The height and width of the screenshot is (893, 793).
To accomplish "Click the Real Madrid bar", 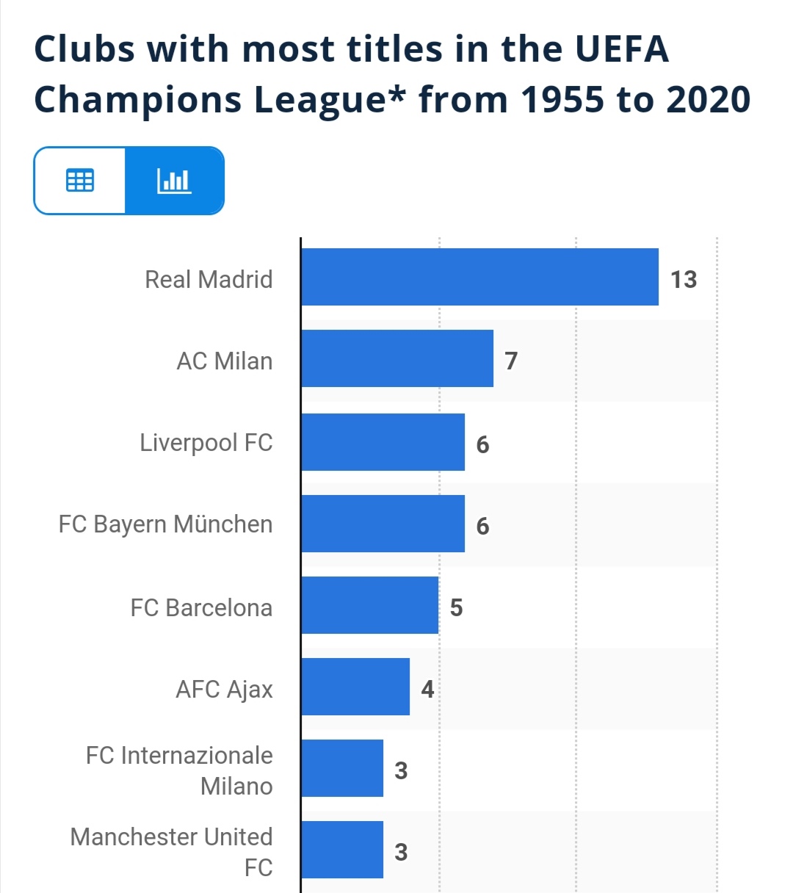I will click(479, 277).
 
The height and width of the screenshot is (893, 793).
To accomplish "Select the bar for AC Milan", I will click(397, 358).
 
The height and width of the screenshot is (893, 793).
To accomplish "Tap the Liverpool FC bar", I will click(383, 442).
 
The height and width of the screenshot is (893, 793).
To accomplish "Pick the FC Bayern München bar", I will click(383, 524).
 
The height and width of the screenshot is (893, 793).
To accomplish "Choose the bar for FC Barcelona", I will click(369, 605).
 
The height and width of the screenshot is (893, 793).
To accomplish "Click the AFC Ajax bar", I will click(355, 687).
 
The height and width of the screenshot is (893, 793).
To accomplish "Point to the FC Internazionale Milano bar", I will click(342, 768).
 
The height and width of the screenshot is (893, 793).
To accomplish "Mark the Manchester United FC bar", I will click(342, 850).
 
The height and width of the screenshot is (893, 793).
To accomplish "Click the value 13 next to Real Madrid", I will click(683, 280).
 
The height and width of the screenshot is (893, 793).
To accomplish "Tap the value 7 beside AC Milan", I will click(511, 361).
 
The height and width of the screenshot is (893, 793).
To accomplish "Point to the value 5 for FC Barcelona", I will click(456, 608).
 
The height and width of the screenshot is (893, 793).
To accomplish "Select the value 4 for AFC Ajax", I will click(427, 690).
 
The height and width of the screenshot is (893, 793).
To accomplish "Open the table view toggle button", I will click(80, 181).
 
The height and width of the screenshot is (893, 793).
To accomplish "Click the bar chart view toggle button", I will click(174, 181).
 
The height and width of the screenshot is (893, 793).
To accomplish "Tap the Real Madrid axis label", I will click(209, 280).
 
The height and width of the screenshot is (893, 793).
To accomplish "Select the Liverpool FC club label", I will click(206, 443).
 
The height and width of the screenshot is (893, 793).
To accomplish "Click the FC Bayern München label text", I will click(165, 524).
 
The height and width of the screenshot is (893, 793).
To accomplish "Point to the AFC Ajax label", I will click(224, 690).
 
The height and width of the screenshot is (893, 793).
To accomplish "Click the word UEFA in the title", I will click(621, 50).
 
